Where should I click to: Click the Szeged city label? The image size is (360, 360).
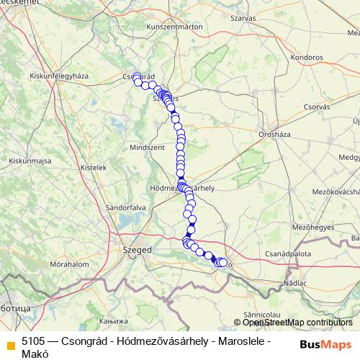[x=137, y=249]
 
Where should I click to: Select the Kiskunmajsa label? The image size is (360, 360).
[x=24, y=161]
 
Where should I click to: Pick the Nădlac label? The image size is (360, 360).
[x=295, y=283]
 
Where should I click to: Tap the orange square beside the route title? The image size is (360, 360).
[x=11, y=345]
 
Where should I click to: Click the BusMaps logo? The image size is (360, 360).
[x=322, y=344]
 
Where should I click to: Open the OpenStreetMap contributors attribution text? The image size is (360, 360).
[x=297, y=323]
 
